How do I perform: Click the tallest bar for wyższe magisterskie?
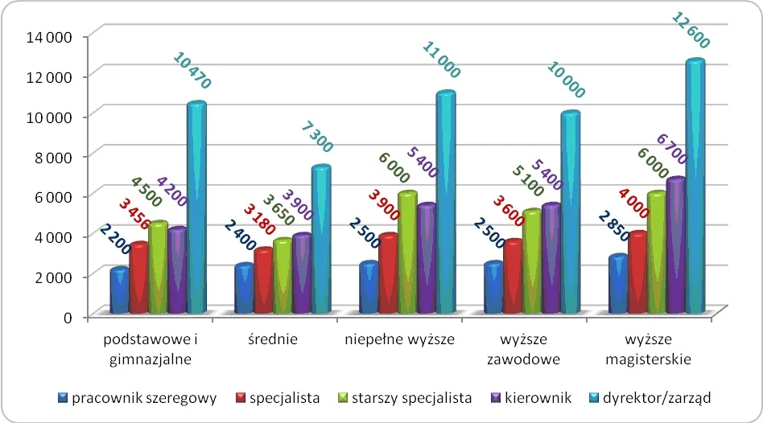click(695, 187)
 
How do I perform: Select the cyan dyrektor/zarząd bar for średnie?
click(320, 240)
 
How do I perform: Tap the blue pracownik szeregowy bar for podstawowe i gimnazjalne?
click(120, 291)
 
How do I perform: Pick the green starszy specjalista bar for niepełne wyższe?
click(407, 253)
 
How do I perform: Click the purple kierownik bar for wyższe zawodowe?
click(551, 259)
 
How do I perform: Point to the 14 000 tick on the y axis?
click(50, 36)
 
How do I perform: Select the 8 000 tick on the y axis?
click(53, 156)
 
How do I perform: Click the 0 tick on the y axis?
click(68, 316)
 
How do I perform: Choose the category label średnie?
click(273, 339)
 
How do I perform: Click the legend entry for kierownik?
click(542, 397)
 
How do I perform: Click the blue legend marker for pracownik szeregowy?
click(63, 397)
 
